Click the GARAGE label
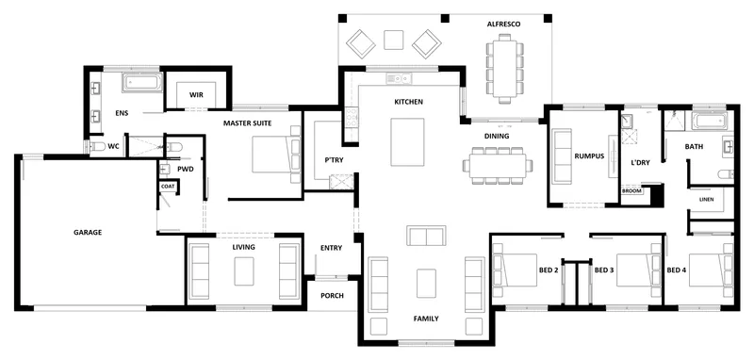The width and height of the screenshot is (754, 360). [88, 232]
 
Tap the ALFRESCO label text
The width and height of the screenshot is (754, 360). [503, 25]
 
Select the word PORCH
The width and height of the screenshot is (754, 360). [333, 296]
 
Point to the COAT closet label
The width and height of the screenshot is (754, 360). [168, 187]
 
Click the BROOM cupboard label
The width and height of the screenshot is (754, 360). [631, 190]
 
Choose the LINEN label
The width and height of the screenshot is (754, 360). [706, 200]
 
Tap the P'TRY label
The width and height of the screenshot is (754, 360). [335, 160]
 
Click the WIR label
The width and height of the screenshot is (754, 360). [196, 94]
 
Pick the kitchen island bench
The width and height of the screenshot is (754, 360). [407, 142]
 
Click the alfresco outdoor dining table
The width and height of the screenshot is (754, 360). [504, 69]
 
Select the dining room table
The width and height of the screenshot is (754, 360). [498, 165]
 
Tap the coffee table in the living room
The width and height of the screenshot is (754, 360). [244, 271]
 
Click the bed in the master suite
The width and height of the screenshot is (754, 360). [276, 155]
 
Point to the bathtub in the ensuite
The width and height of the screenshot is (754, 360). [142, 83]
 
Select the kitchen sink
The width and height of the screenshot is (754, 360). [400, 78]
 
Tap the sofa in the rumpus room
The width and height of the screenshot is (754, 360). [562, 154]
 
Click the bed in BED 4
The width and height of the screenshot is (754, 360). [711, 270]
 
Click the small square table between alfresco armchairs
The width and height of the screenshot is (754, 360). [393, 40]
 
